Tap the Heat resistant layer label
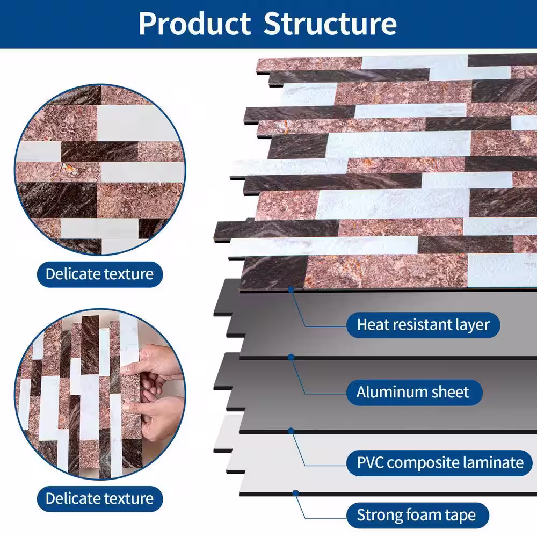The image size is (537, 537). point(423,325)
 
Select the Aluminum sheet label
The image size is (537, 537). point(415,392)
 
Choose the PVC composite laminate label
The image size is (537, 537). point(440,463)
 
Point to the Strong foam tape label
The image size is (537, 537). point(417,515)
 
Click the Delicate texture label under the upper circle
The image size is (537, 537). point(100,274)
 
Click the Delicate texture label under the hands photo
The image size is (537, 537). point(100,499)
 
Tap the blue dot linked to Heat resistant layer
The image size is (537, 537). point(291,290)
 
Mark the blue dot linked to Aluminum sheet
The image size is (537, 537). point(291,357)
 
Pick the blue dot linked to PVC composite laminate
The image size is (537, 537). point(291,431)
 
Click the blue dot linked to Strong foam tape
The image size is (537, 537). point(295,493)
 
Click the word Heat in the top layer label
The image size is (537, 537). point(372,325)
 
